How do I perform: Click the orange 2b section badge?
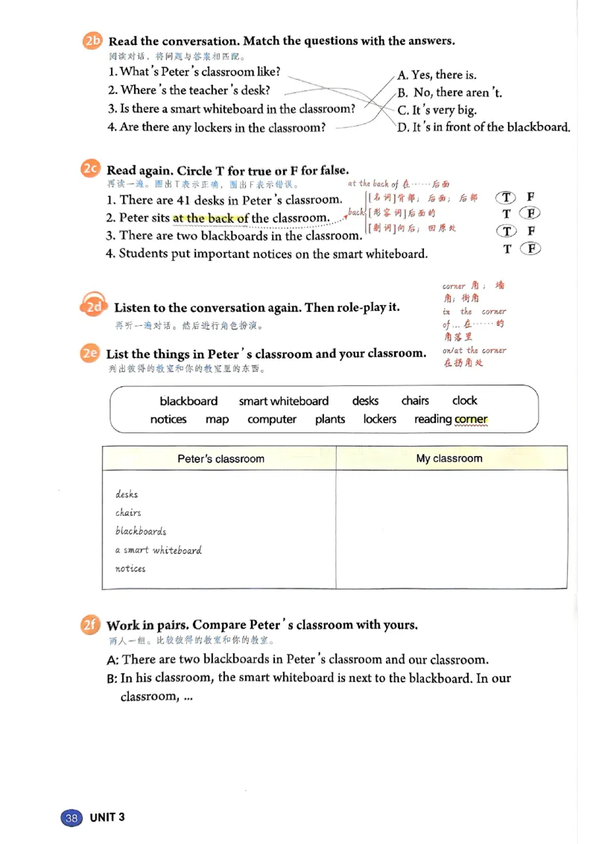92,40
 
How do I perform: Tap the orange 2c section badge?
90,169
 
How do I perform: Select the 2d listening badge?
94,305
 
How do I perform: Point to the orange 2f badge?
90,624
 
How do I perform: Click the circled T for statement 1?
506,197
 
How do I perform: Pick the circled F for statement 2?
530,213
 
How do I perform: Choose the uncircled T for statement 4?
507,249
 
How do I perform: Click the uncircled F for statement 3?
531,231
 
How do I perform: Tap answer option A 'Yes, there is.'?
437,75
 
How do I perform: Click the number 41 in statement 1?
183,200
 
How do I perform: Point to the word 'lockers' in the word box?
380,419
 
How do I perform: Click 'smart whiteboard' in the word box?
284,401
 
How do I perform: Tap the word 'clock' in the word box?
465,400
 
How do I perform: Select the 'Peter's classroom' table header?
221,459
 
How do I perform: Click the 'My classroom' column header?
449,458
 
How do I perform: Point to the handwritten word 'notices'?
130,568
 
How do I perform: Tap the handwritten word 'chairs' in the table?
128,512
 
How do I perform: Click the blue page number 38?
72,818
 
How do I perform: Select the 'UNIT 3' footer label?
107,817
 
